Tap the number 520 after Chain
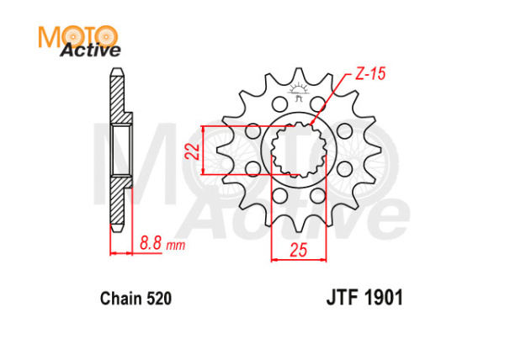coord(158,299)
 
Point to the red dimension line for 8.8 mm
coord(120,251)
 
